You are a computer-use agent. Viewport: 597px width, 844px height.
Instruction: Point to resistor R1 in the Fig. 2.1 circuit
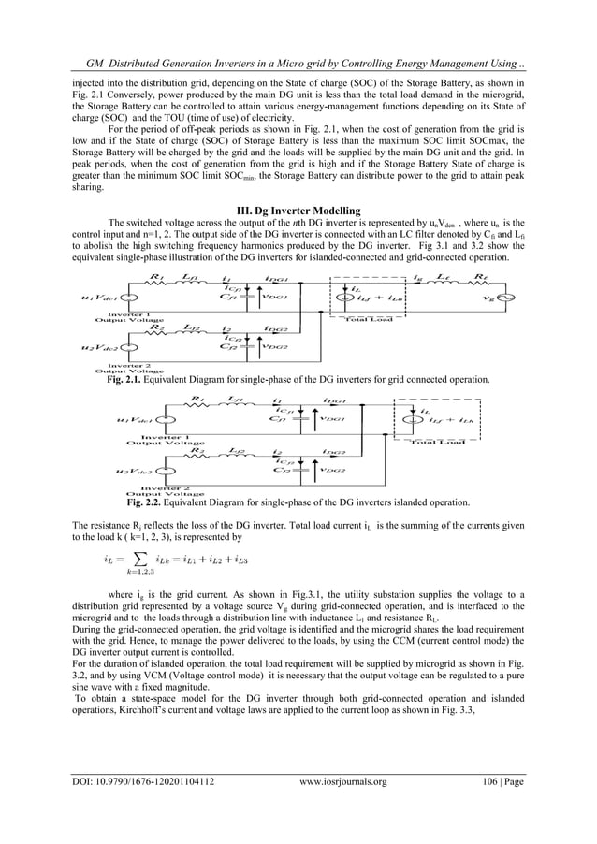coord(158,278)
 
